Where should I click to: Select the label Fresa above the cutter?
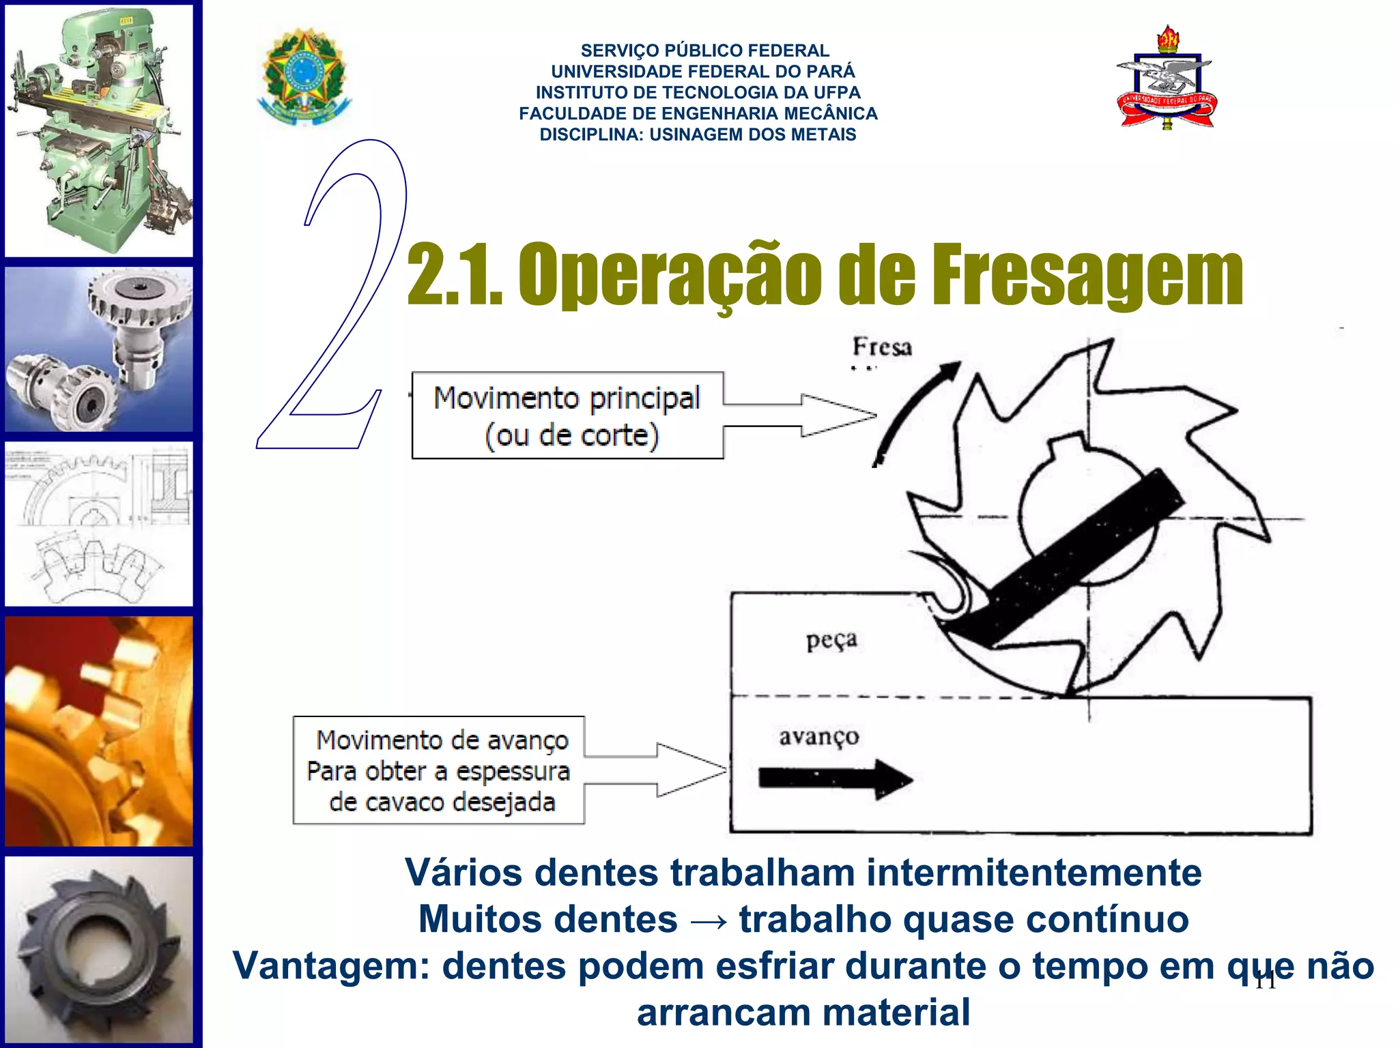[x=881, y=347]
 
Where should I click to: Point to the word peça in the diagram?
[x=831, y=640]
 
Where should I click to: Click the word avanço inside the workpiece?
[x=818, y=736]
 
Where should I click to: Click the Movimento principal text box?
[x=567, y=416]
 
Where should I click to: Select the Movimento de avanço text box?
[x=439, y=770]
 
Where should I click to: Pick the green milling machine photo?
[x=100, y=130]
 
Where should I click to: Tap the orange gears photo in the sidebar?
[x=100, y=731]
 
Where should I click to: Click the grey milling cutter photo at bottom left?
[x=100, y=949]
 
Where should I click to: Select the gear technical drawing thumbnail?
[x=100, y=523]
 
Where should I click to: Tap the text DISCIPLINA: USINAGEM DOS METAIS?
[x=698, y=134]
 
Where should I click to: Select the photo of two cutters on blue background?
[x=100, y=349]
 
